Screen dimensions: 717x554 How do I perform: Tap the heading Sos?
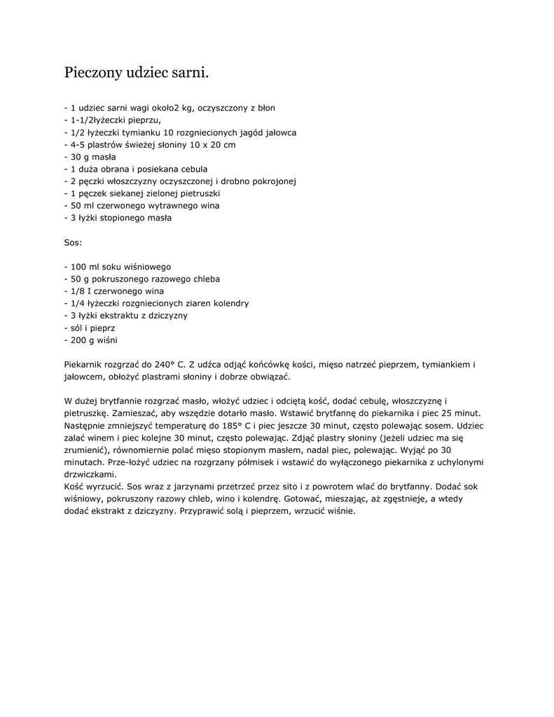(73, 242)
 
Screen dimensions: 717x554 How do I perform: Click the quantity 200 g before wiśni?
(82, 340)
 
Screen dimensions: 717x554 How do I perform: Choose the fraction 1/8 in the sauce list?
(77, 291)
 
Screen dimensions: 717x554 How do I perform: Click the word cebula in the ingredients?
(193, 169)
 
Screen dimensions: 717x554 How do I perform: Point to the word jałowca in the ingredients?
(278, 132)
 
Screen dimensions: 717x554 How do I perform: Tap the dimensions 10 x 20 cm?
(212, 144)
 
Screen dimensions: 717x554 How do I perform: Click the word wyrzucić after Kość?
(106, 486)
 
